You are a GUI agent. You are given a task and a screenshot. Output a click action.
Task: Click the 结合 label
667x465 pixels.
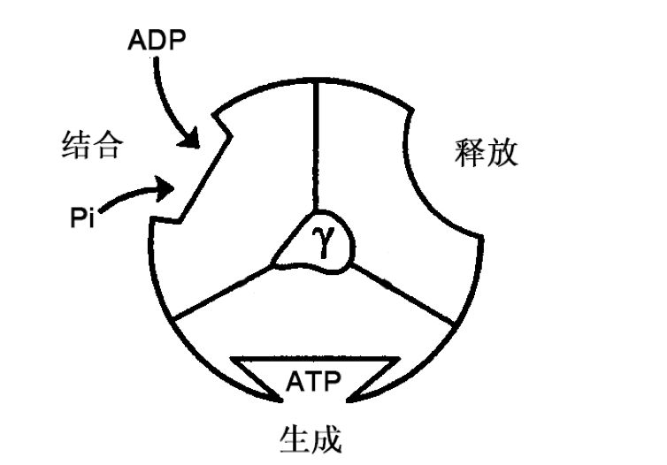90,145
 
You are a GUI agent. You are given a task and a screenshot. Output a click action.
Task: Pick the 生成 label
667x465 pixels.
310,438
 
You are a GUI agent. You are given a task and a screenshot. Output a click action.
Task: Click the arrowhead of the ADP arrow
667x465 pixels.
189,139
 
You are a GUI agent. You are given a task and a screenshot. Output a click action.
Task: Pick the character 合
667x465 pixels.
106,145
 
